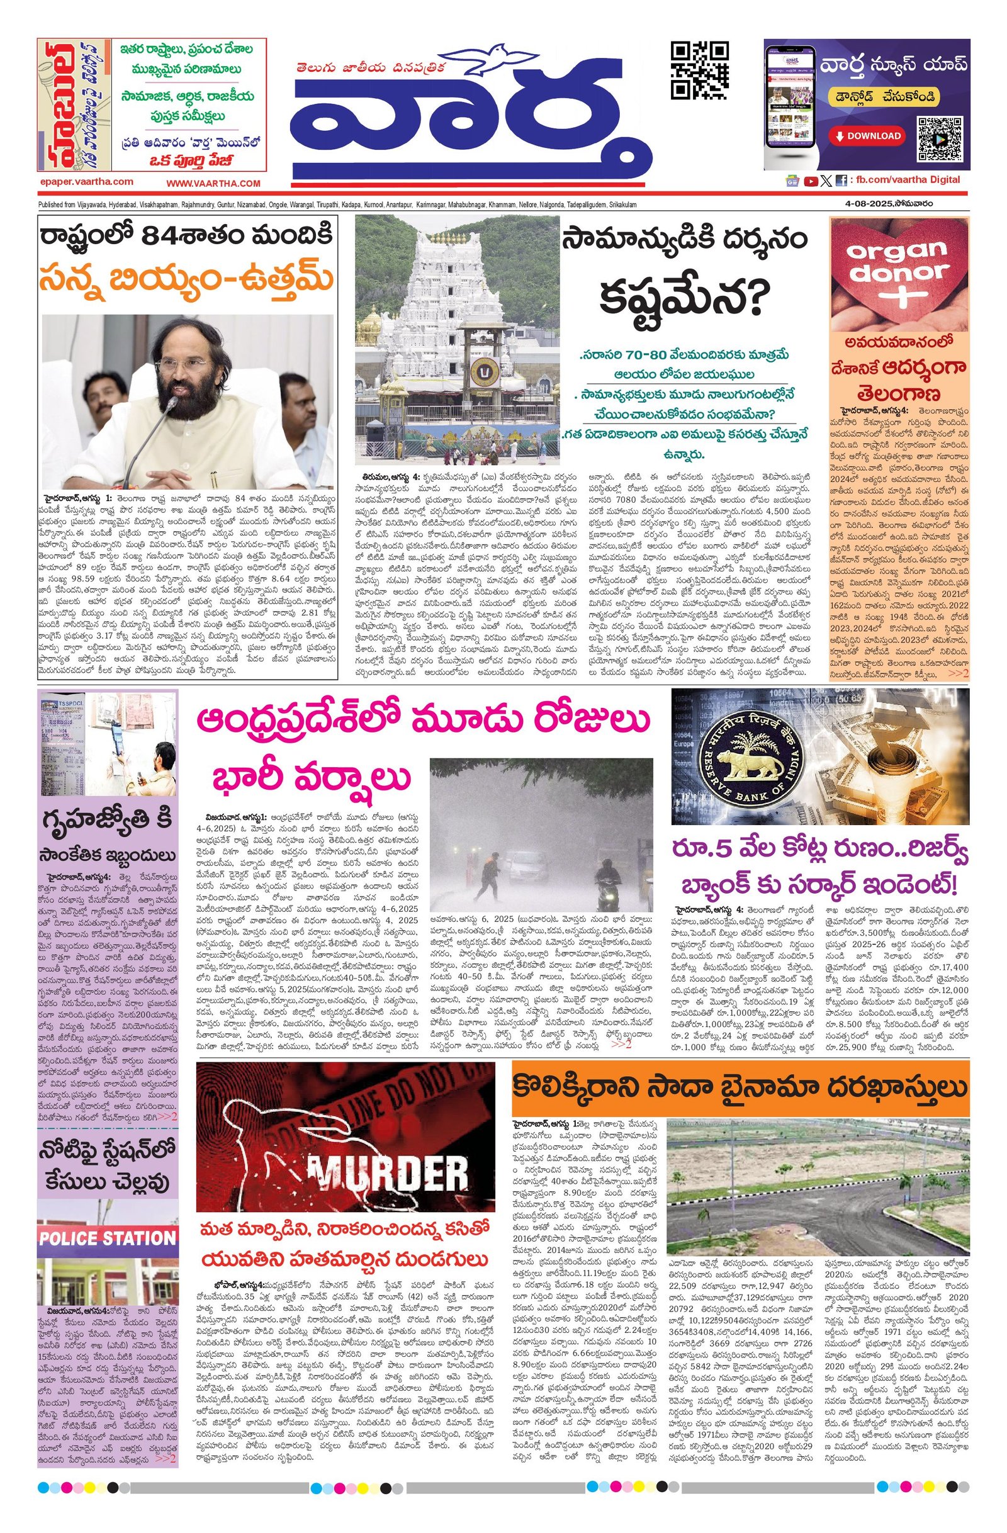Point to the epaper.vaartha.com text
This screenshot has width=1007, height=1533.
(86, 182)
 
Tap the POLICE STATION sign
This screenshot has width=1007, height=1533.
(107, 1238)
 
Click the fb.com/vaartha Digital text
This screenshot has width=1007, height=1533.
(908, 181)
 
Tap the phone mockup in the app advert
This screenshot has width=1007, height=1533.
(789, 105)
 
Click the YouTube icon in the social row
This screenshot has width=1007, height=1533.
(810, 181)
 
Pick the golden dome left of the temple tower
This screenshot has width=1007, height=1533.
(372, 321)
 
